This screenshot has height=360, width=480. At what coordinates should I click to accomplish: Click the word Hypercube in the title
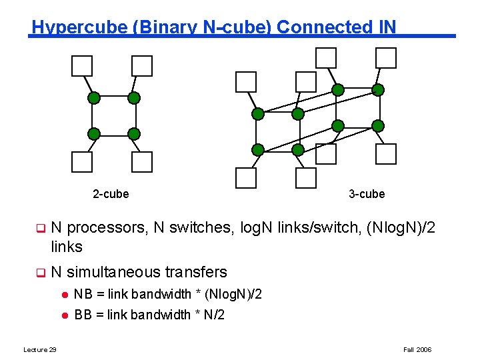(x=79, y=27)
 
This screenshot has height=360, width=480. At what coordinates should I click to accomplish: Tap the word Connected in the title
(x=325, y=27)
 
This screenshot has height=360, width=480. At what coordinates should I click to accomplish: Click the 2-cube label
(x=111, y=194)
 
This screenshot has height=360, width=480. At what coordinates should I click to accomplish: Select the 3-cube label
(x=367, y=194)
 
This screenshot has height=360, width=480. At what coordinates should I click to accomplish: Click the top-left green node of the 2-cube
(x=94, y=98)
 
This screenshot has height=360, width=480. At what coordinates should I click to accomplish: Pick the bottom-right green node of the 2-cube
(x=134, y=134)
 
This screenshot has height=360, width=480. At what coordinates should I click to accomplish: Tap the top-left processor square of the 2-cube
(x=82, y=66)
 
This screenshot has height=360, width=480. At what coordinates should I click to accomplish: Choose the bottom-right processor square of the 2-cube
(x=142, y=162)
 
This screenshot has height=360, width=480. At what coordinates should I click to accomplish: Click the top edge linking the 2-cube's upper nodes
(x=114, y=96)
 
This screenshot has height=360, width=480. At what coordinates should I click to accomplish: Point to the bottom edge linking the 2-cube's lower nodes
(x=114, y=136)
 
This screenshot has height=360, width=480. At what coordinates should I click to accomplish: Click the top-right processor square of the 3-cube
(x=386, y=58)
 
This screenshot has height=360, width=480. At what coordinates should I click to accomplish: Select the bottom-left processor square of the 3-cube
(x=246, y=178)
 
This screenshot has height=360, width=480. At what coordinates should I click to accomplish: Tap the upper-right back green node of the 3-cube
(x=378, y=90)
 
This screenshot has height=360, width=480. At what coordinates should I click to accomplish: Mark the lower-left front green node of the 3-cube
(x=258, y=150)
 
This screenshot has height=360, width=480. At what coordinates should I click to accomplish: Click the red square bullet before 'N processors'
(x=41, y=229)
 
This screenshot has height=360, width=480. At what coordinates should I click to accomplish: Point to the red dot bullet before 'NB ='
(x=65, y=295)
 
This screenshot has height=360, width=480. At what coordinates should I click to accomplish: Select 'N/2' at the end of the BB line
(x=214, y=315)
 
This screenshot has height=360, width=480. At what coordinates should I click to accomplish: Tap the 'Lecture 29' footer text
(x=40, y=349)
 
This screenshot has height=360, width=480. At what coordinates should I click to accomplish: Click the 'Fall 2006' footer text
(x=417, y=349)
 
